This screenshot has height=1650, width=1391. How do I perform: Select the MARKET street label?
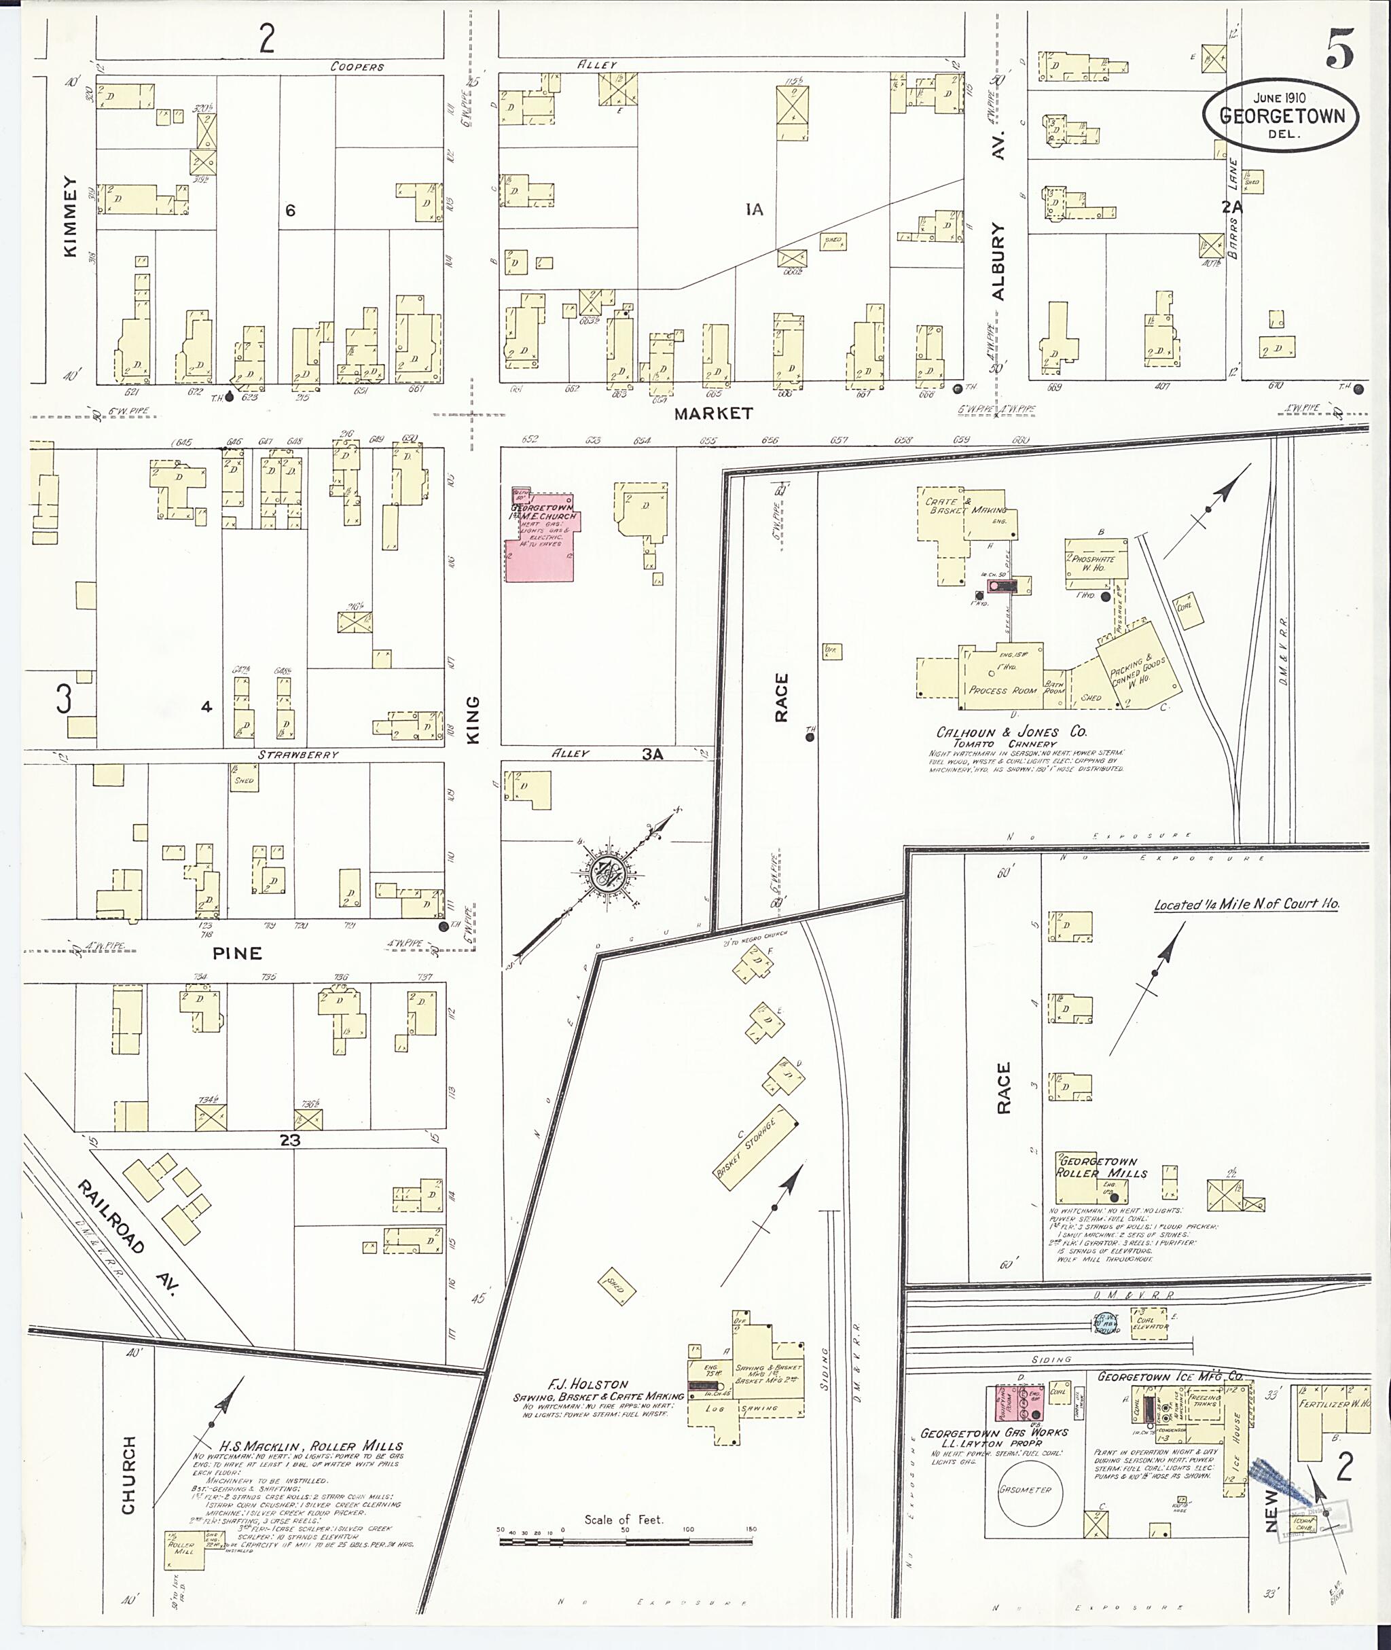[713, 412]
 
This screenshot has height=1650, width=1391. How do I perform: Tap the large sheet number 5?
[1340, 48]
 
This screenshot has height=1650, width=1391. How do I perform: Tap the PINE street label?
[236, 954]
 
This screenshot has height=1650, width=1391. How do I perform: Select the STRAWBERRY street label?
[298, 755]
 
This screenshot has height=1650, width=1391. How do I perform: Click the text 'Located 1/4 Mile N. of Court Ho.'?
[1246, 905]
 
